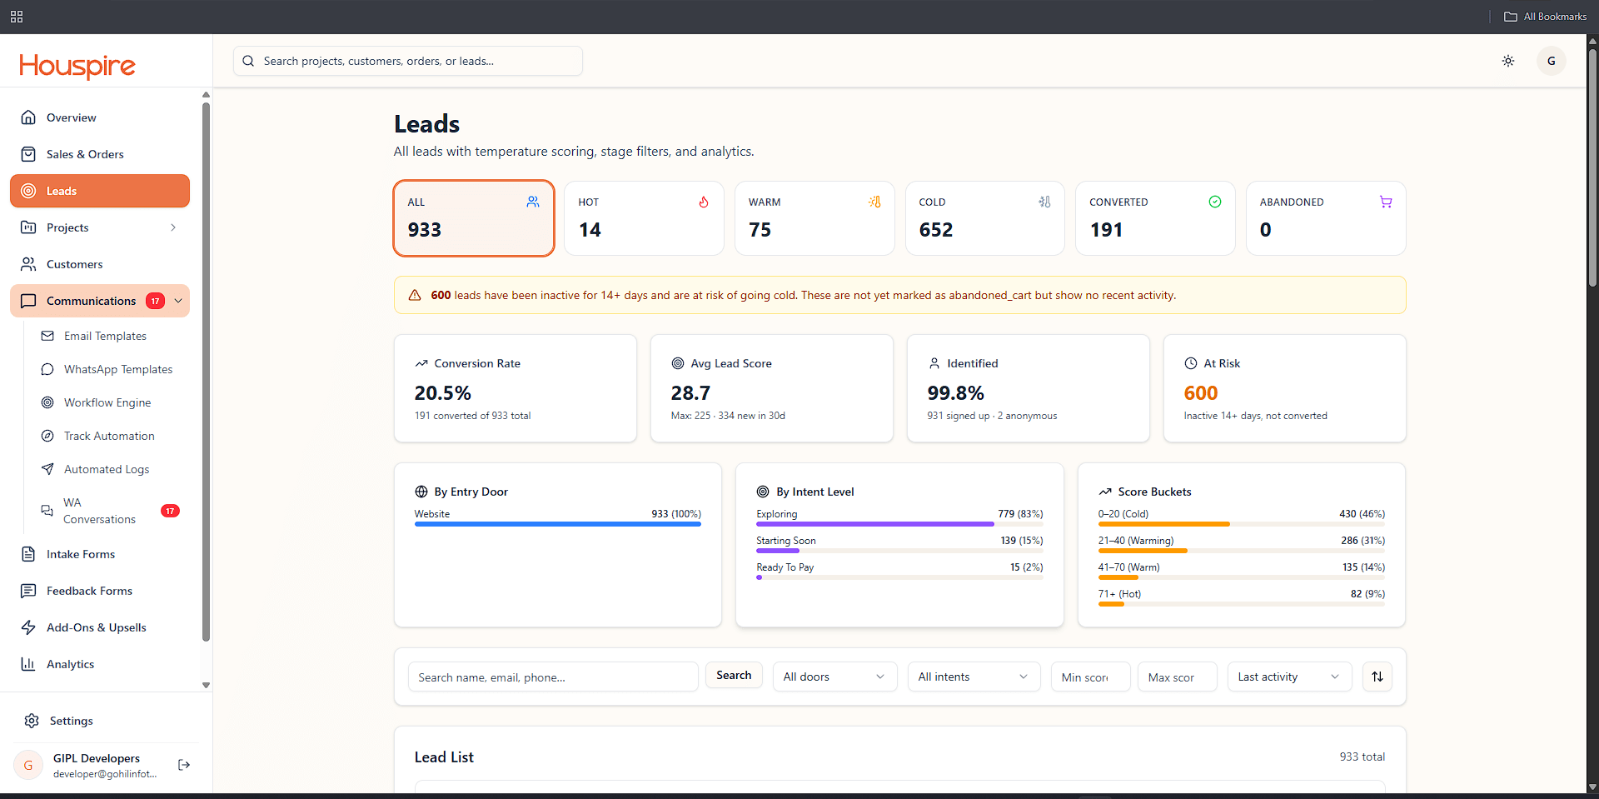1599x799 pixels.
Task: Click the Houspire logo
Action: (77, 66)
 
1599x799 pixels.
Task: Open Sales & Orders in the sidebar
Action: (85, 154)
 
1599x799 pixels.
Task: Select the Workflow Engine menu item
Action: (107, 402)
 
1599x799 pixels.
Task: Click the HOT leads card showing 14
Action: (644, 218)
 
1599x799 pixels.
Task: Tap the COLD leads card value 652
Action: (936, 230)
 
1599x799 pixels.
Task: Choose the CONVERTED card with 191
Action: (1155, 218)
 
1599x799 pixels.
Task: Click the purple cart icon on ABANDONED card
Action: (1386, 202)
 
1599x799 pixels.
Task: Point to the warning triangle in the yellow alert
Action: (415, 295)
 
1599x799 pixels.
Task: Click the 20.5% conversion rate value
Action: (443, 392)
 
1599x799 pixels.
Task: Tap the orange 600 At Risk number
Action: (1201, 392)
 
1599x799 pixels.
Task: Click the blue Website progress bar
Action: (558, 524)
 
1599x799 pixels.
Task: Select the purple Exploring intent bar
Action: (875, 524)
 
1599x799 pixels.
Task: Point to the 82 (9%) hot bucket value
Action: (1367, 594)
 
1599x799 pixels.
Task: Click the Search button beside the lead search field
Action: (734, 676)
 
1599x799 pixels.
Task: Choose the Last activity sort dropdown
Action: (1289, 677)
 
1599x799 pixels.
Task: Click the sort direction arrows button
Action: (1377, 677)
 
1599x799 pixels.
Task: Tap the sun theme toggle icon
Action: (1508, 61)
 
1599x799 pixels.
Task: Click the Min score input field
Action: (1091, 677)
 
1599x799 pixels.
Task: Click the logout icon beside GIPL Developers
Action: (184, 765)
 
